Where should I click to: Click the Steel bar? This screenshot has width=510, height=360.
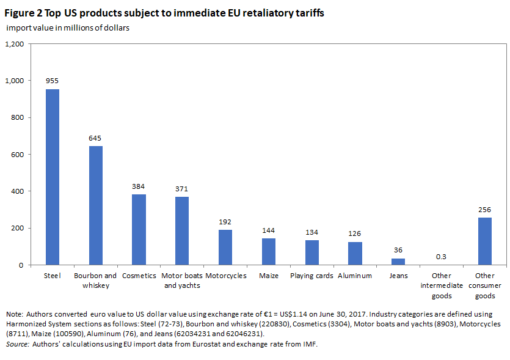click(x=53, y=177)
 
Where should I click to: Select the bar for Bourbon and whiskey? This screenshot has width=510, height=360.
click(x=96, y=205)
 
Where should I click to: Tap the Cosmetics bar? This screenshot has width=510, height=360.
click(x=139, y=229)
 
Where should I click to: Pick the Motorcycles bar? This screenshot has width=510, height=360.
click(x=225, y=248)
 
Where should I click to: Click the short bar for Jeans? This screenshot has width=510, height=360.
click(x=398, y=262)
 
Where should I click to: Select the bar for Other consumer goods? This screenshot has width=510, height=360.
click(x=484, y=241)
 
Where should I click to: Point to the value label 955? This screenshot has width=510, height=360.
click(x=52, y=81)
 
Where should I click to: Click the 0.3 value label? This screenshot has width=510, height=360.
click(x=441, y=257)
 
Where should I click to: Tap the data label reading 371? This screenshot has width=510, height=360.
click(x=181, y=189)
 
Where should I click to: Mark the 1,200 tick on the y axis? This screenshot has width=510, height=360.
click(x=14, y=44)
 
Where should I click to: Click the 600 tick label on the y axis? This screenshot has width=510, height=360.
click(x=17, y=155)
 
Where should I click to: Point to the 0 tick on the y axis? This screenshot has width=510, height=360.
click(x=21, y=265)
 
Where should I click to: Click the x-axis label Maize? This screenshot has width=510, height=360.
click(x=269, y=276)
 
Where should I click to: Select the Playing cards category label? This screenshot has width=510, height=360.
click(x=311, y=276)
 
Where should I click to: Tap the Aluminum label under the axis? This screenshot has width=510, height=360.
click(x=354, y=276)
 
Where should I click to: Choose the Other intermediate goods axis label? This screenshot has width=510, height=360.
click(x=442, y=286)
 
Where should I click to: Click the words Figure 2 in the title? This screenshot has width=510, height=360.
click(x=23, y=13)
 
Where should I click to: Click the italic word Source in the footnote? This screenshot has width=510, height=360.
click(x=18, y=344)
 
